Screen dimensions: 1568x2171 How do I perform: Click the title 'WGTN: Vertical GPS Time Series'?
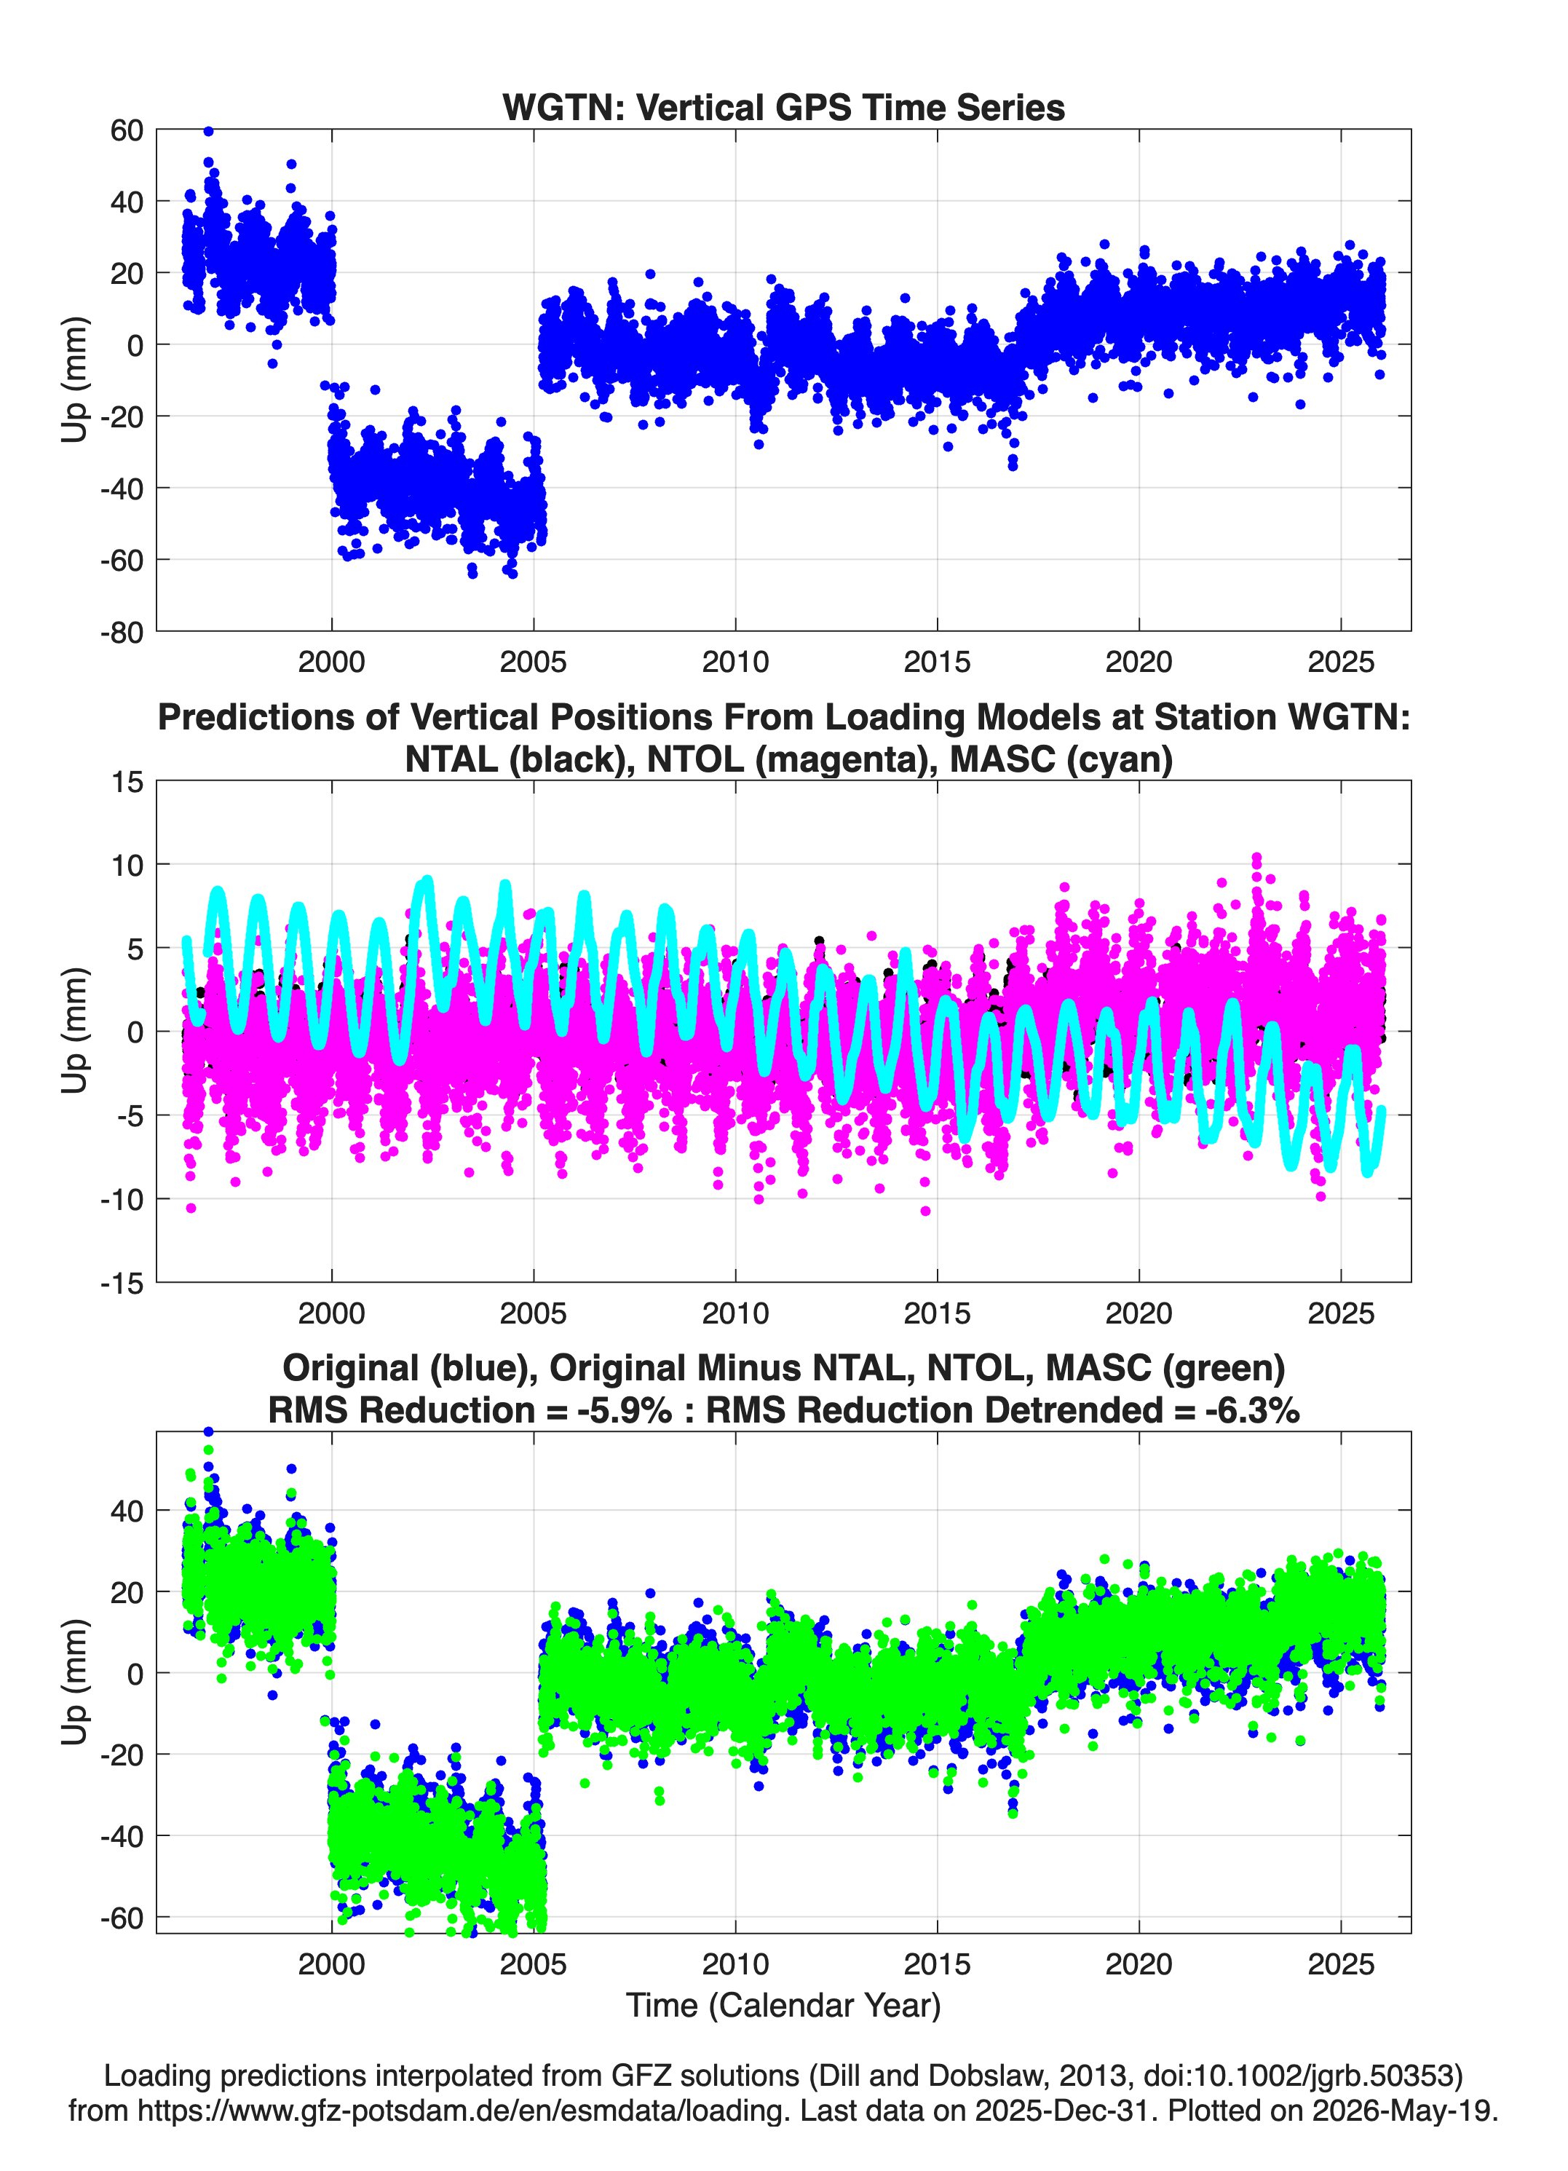coord(783,107)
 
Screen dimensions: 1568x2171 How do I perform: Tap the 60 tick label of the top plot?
coord(127,130)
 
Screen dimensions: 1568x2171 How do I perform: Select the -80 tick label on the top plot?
coord(122,633)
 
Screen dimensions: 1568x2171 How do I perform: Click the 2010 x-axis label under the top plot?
coord(735,662)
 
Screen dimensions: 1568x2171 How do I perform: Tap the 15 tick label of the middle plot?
coord(127,781)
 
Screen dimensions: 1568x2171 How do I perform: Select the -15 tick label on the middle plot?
coord(122,1284)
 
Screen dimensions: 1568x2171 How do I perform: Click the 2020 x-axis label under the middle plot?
coord(1139,1313)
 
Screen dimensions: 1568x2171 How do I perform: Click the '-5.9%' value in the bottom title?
coord(624,1410)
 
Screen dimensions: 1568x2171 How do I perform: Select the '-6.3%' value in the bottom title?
coord(1252,1410)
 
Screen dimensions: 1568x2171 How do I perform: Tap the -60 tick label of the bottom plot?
coord(122,1918)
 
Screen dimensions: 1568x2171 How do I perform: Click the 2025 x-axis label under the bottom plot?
coord(1341,1964)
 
